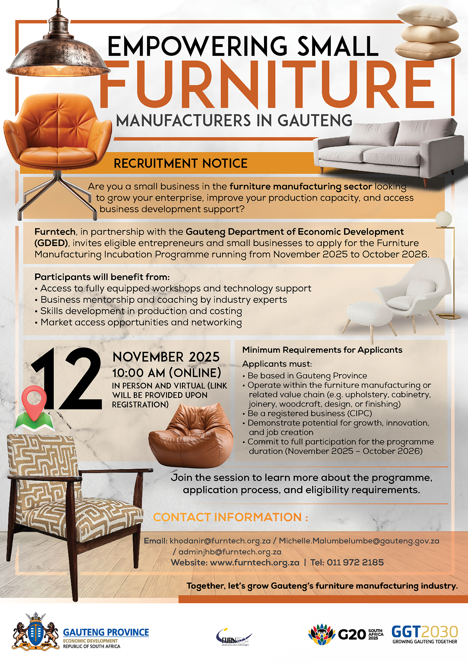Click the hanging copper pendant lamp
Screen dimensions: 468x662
[x=58, y=53]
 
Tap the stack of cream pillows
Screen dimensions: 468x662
[x=428, y=33]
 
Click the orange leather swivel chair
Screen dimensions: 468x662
[x=58, y=150]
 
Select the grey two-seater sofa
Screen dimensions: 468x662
[x=388, y=150]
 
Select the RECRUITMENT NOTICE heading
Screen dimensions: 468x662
[x=181, y=163]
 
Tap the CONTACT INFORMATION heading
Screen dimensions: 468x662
[x=231, y=517]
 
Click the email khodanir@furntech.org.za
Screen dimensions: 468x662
[x=220, y=541]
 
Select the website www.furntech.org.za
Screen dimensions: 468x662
[x=255, y=562]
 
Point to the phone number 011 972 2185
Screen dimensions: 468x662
[x=355, y=562]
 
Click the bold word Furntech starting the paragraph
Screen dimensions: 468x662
[x=55, y=232]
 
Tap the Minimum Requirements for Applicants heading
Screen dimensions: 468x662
[x=322, y=350]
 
